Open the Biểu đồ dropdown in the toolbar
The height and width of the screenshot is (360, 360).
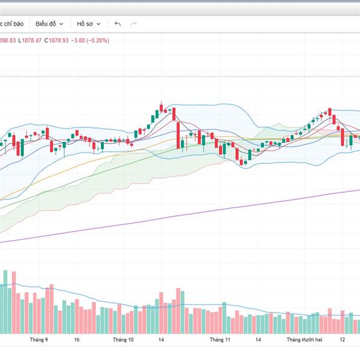pos(49,24)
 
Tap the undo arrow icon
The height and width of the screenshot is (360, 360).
pos(117,24)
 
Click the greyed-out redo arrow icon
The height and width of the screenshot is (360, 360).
pos(133,24)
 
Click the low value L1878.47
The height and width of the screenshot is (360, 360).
pos(29,40)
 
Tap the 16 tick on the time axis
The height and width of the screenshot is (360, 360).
pos(77,340)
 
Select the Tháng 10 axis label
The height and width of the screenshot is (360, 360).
pos(123,340)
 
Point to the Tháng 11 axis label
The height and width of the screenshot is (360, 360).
pos(220,340)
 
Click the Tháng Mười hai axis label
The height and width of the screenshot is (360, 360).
pos(304,340)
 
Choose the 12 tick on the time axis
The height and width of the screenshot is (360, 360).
pos(343,340)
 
